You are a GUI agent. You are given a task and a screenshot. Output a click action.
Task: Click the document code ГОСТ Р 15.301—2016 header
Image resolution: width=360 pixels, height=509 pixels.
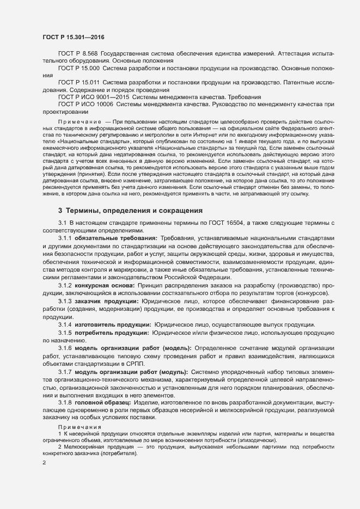74,36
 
